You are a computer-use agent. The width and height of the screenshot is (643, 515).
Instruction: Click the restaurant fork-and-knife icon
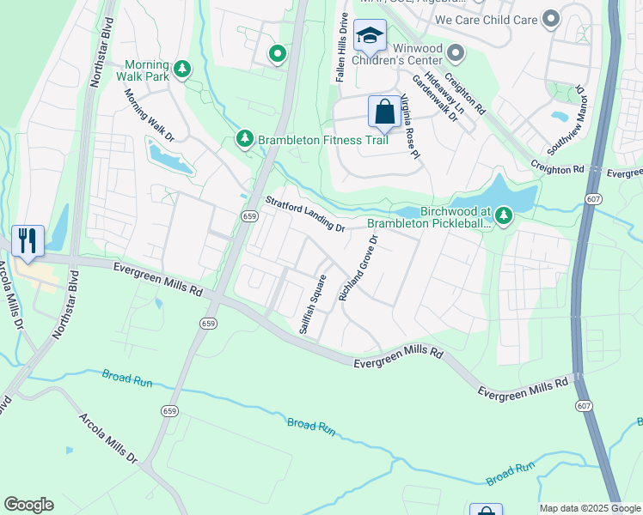click(x=28, y=240)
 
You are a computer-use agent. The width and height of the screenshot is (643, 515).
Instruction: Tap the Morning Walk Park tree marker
click(x=181, y=69)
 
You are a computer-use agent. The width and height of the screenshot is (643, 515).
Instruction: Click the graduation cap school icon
click(x=370, y=36)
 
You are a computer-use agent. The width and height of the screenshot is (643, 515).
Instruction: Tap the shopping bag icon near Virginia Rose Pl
click(x=383, y=112)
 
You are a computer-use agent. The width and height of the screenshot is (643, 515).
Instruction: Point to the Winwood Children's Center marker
click(x=456, y=55)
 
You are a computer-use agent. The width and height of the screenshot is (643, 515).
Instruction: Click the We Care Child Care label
click(x=486, y=19)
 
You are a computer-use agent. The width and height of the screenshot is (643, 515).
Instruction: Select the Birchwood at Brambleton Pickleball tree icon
click(x=504, y=215)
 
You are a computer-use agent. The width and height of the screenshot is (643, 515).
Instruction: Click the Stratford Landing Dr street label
click(x=304, y=215)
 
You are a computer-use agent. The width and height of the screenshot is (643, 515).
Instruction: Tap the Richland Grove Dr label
click(x=358, y=268)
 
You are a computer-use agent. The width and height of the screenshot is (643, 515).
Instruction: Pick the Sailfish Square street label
click(x=312, y=304)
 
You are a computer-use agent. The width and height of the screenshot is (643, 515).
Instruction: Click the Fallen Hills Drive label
click(x=342, y=47)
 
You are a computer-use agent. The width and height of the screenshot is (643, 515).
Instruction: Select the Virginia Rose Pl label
click(x=409, y=126)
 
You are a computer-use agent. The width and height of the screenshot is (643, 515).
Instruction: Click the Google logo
click(x=28, y=505)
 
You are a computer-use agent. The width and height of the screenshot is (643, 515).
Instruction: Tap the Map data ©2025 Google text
click(x=589, y=508)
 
